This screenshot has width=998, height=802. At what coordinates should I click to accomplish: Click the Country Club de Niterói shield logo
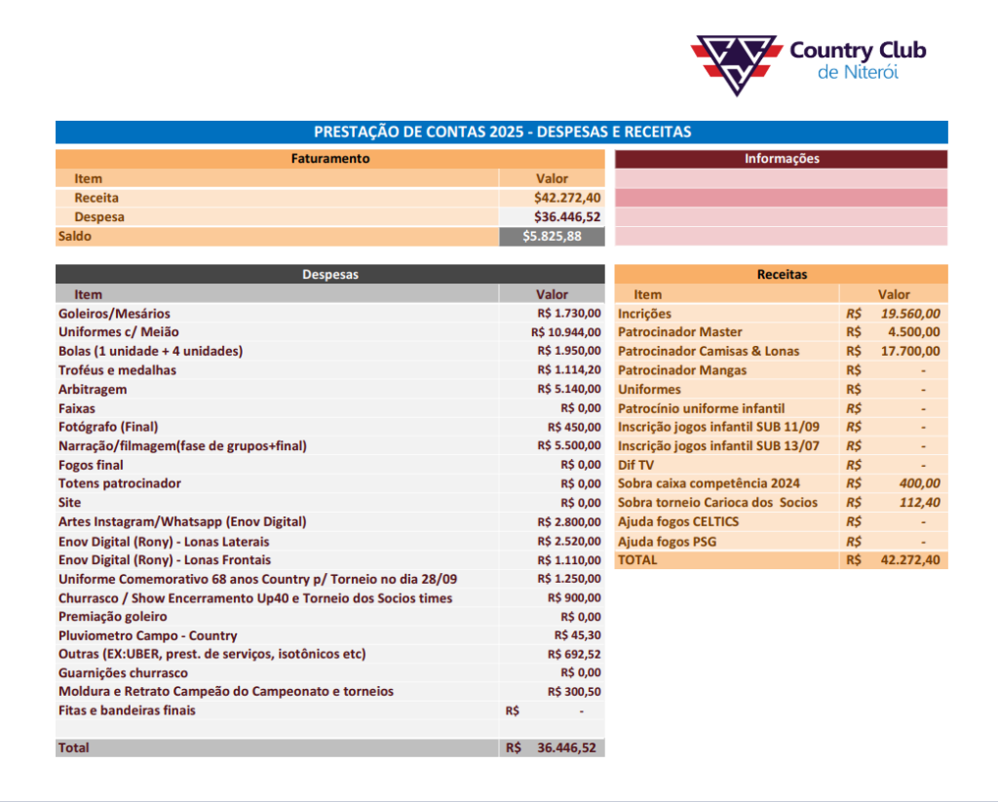736,64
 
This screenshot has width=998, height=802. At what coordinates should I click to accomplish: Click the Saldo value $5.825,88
552,236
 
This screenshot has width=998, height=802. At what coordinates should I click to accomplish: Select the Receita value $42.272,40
567,198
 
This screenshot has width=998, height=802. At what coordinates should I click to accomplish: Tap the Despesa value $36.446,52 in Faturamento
567,217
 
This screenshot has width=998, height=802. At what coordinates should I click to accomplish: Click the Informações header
782,159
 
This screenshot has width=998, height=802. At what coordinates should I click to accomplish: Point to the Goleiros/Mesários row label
114,314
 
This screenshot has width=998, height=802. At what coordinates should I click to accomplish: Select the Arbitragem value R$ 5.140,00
569,389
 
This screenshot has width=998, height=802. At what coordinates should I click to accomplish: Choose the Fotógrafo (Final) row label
108,427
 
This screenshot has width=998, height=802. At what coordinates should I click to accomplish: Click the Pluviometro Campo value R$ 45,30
578,635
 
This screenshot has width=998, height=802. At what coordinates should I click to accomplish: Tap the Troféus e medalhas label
117,370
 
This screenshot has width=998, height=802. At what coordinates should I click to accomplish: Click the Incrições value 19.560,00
910,314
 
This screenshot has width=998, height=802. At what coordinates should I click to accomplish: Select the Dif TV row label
635,465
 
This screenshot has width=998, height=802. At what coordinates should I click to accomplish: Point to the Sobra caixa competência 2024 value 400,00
919,483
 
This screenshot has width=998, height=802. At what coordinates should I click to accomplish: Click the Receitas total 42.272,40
910,560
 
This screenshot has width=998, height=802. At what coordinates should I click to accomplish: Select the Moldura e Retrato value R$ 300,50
574,692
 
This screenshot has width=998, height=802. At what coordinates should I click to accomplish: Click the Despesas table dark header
329,275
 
